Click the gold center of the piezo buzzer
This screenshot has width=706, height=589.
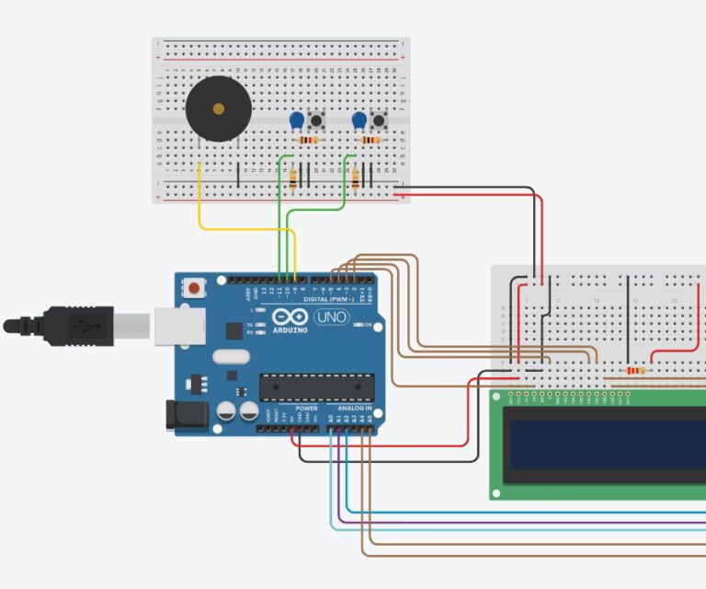[x=218, y=109]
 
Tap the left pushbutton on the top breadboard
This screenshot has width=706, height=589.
[x=318, y=121]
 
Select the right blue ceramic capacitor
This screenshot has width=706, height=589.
[x=359, y=120]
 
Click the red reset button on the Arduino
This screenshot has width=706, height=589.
[x=195, y=289]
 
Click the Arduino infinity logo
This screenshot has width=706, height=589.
[x=290, y=316]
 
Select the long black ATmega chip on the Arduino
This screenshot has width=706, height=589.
[x=317, y=387]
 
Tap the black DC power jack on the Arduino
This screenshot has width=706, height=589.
[x=182, y=416]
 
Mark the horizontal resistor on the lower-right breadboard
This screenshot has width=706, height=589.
[x=634, y=371]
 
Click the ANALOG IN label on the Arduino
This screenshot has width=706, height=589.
[x=354, y=408]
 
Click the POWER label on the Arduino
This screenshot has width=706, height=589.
[x=306, y=408]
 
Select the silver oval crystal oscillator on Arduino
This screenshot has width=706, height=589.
[x=230, y=356]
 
